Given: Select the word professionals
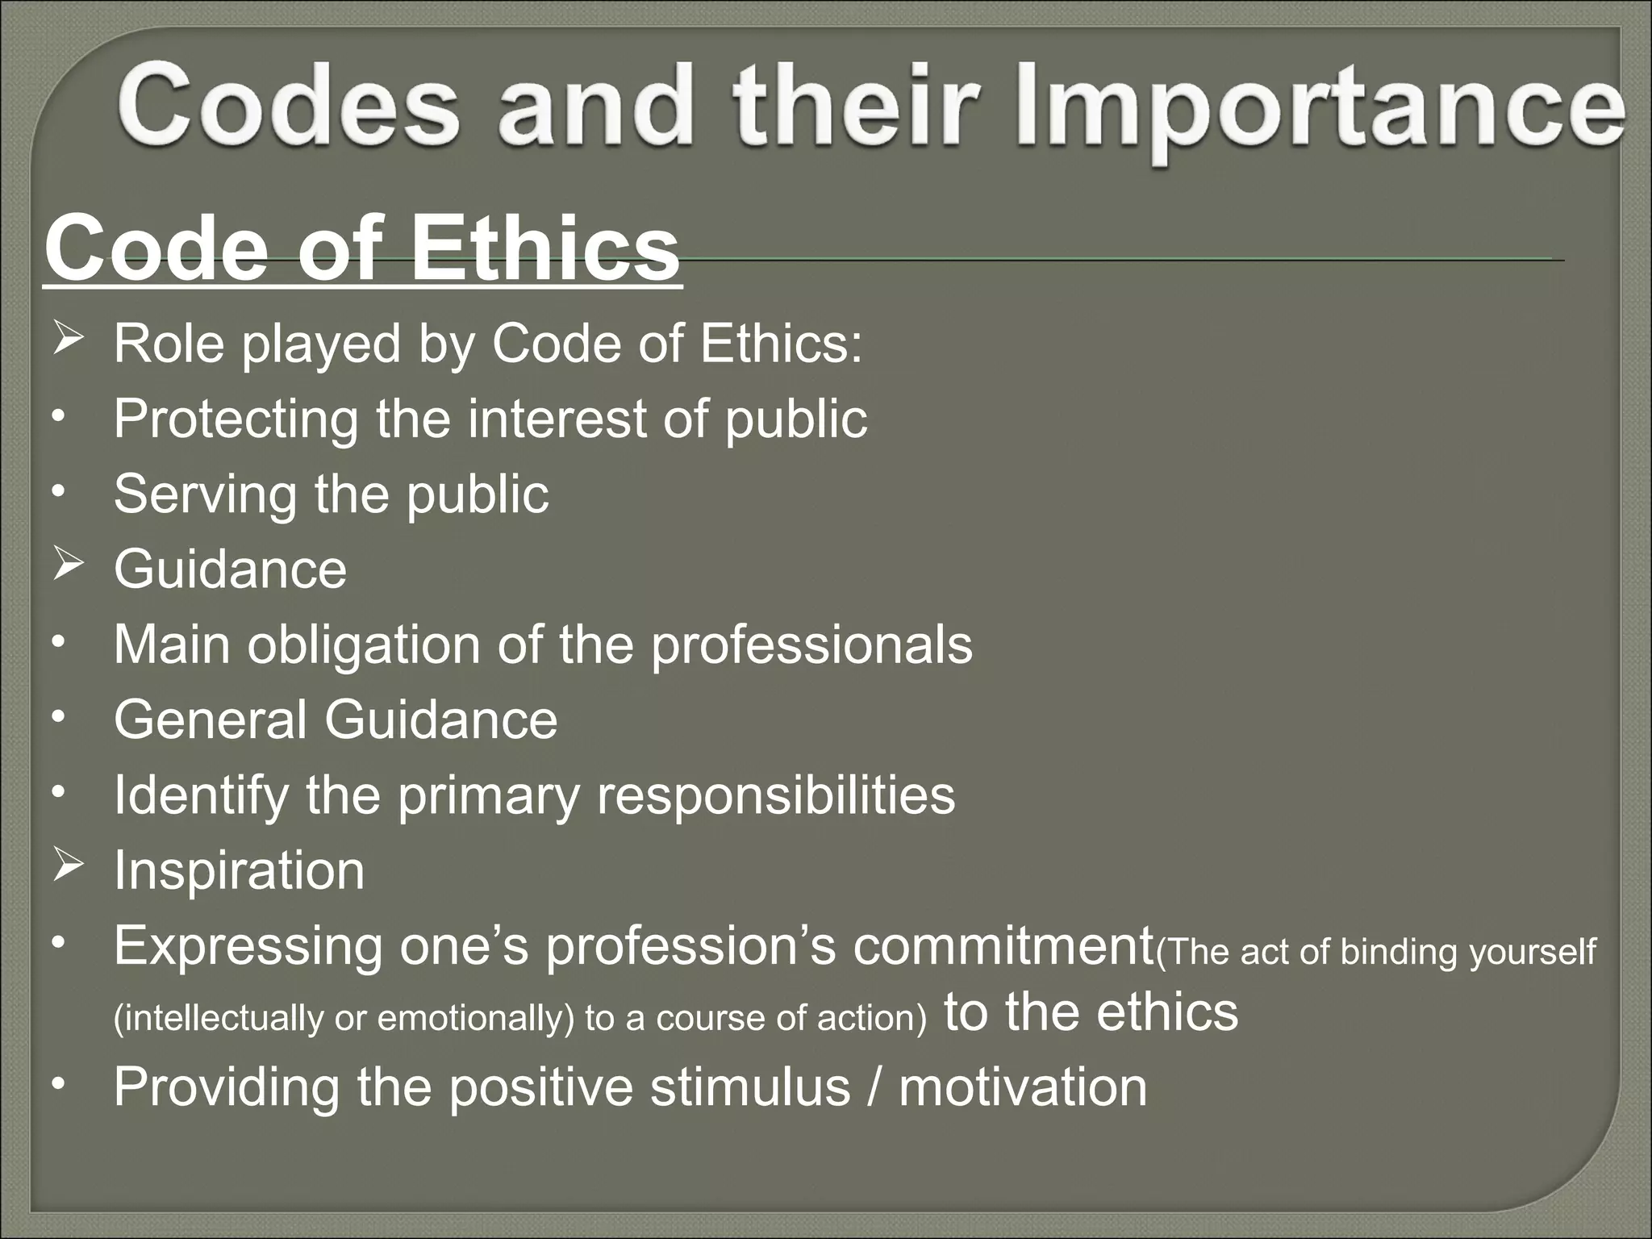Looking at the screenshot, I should (x=811, y=646).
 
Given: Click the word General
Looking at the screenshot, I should (x=211, y=720).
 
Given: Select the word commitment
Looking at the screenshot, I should (x=1003, y=946).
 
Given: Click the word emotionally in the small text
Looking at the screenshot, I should (x=475, y=1019).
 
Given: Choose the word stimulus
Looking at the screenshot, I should (x=750, y=1087).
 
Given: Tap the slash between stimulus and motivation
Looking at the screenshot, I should (x=874, y=1087).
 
